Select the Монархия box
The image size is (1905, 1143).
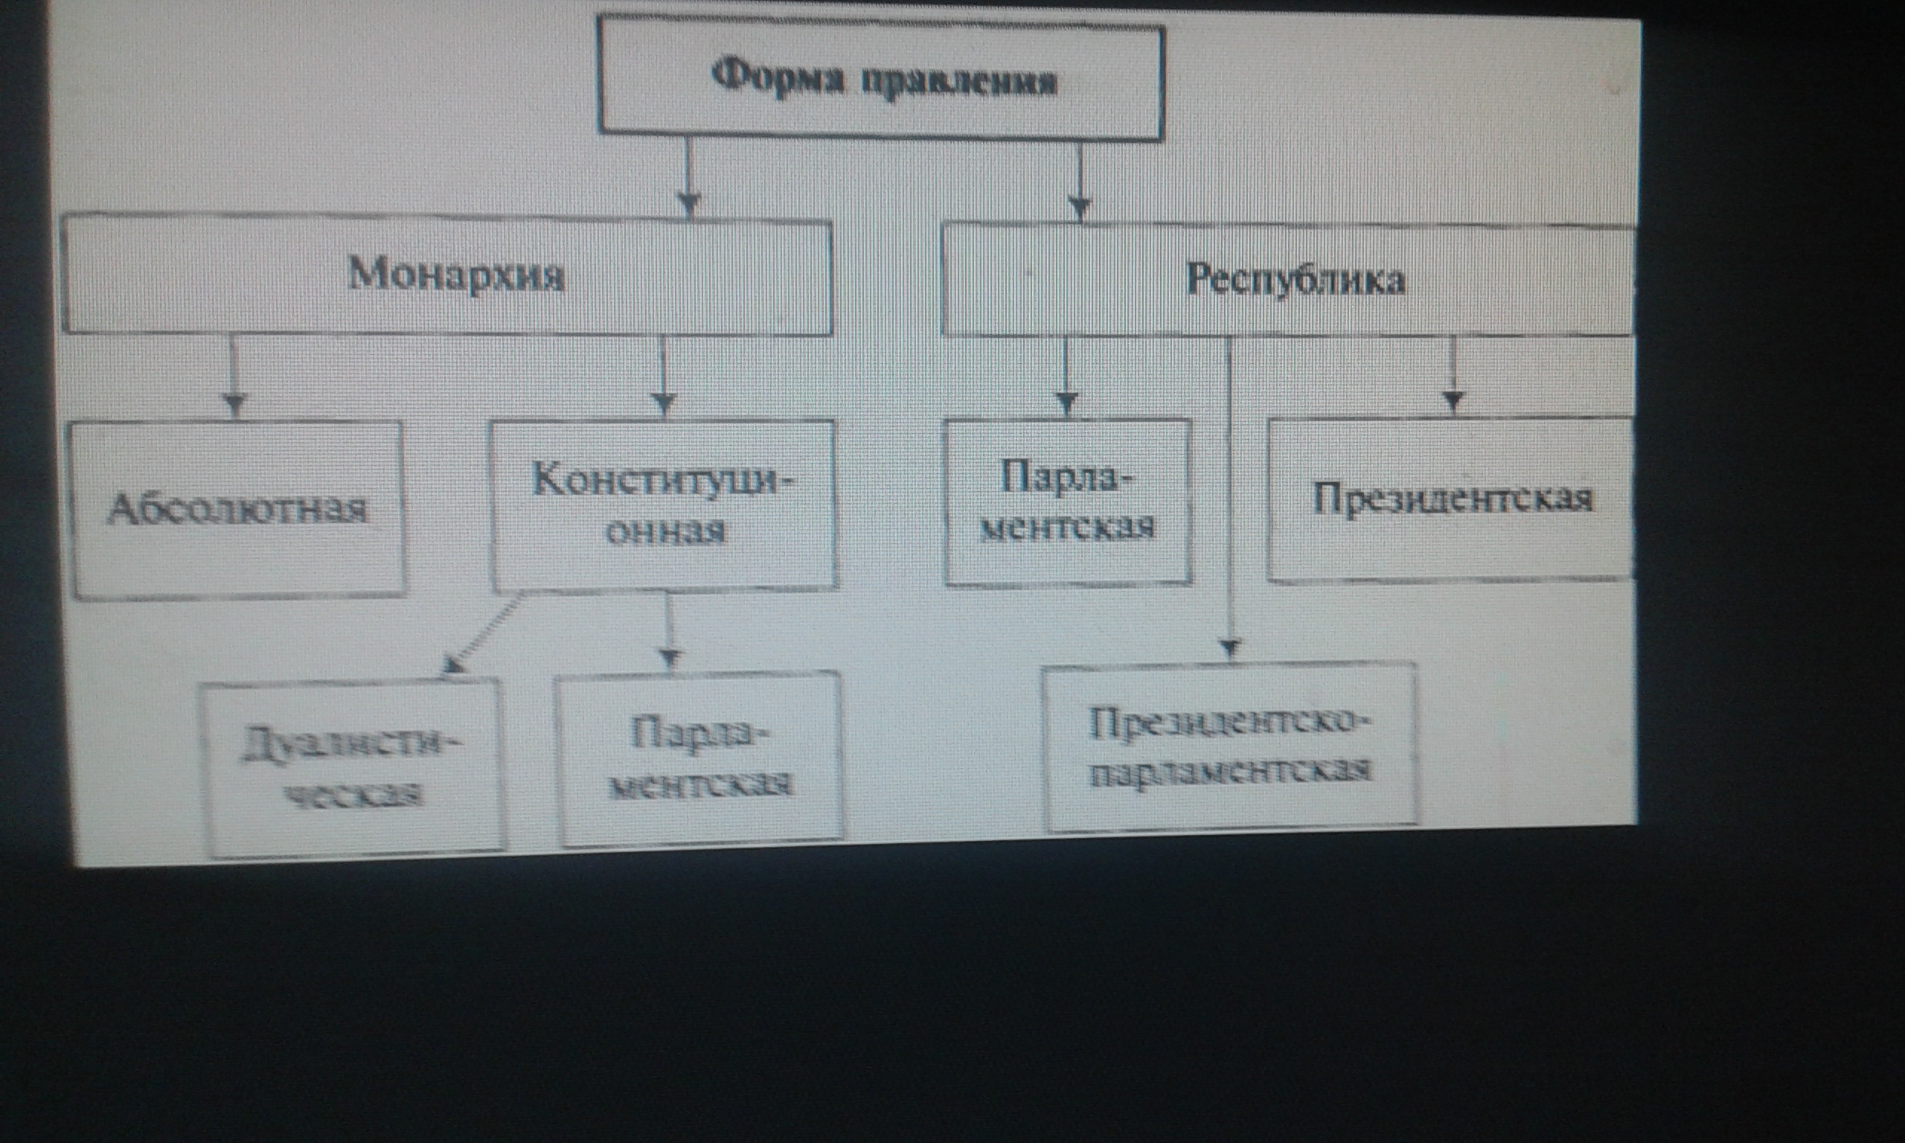446,277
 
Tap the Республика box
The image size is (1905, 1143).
1287,280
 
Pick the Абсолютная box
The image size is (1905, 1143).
238,508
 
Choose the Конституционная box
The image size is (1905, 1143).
664,505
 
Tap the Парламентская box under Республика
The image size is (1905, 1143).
1068,502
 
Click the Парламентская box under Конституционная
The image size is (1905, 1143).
701,759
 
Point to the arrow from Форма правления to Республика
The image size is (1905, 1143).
1080,182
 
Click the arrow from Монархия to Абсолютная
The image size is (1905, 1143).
234,377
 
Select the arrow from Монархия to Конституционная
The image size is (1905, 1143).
664,377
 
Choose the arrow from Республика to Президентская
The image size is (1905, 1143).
1453,376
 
